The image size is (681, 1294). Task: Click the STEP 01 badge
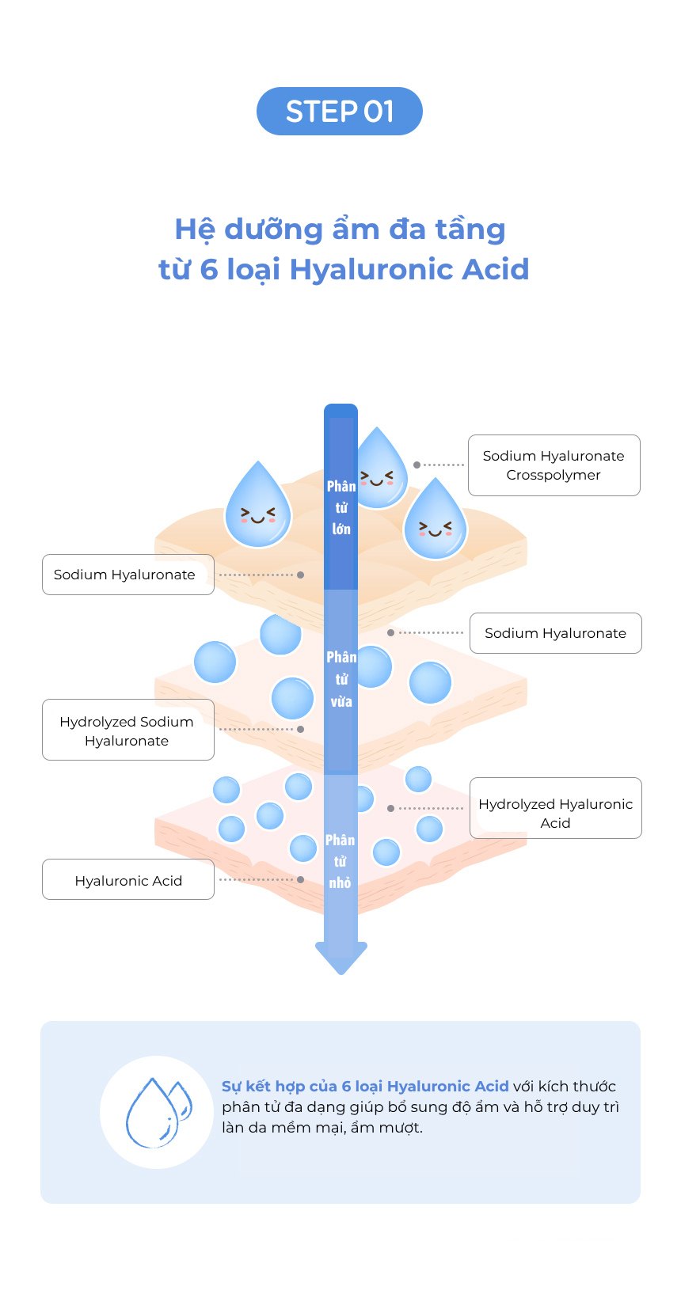pos(340,111)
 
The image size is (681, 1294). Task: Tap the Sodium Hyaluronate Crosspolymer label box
pos(554,465)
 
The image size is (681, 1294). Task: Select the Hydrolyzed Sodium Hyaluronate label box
pos(127,730)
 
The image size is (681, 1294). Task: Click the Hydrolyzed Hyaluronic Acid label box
pos(556,807)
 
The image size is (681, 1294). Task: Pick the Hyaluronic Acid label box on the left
pos(127,879)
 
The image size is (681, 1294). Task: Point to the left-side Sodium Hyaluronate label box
pos(127,575)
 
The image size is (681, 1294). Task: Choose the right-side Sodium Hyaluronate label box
pos(556,633)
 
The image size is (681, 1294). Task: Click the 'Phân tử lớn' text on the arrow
pos(341,507)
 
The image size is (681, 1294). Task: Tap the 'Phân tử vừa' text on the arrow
pos(341,679)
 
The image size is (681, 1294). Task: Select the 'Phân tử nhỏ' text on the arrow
pos(340,861)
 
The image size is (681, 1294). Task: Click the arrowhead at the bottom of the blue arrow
pos(341,958)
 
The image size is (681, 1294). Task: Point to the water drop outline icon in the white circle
pos(158,1112)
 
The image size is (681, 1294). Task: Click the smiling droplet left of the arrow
pos(258,504)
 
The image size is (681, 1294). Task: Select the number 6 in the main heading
pos(209,269)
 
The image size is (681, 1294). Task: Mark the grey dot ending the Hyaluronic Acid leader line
pos(301,879)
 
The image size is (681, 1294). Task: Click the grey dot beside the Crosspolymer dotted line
pos(417,465)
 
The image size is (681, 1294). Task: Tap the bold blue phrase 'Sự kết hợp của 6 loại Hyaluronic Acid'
pos(365,1086)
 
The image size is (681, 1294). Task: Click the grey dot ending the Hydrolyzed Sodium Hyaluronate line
pos(301,729)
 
